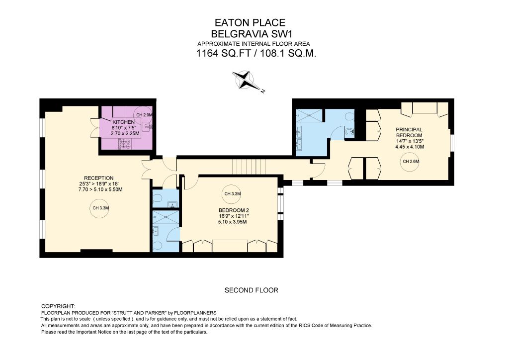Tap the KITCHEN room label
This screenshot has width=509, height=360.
[123, 122]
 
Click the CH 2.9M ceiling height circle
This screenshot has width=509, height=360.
[144, 115]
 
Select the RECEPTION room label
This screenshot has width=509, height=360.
[99, 178]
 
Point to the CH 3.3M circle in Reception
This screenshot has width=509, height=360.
[100, 208]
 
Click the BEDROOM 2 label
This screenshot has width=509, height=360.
[234, 210]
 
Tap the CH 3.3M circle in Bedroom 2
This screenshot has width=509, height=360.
[233, 194]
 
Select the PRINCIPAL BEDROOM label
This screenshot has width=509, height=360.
[409, 132]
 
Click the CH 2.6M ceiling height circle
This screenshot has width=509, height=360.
[411, 161]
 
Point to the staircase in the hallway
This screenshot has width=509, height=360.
[250, 167]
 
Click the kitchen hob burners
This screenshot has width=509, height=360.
[125, 144]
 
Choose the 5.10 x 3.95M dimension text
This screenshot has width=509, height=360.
[233, 222]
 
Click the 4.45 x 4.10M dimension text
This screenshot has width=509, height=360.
[410, 147]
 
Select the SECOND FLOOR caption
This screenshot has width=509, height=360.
[251, 290]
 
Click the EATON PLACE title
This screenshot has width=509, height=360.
[250, 22]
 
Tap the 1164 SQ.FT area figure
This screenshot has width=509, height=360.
[224, 53]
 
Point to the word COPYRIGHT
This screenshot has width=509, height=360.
[59, 306]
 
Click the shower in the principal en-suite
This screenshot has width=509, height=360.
[309, 115]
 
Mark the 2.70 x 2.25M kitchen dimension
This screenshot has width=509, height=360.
[125, 133]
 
